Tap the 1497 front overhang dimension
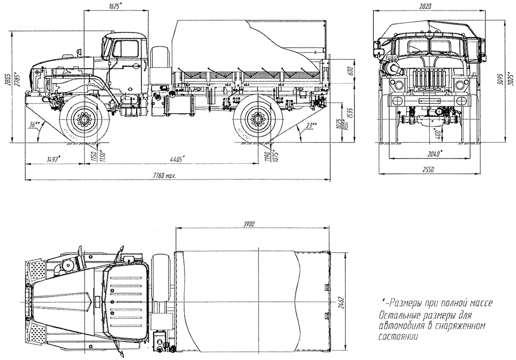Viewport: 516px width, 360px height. tap(53, 159)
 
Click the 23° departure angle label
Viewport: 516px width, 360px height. tap(311, 126)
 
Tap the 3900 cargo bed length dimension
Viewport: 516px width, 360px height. tap(253, 224)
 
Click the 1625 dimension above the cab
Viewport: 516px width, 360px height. tap(116, 6)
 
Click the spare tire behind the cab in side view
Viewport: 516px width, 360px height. tap(160, 65)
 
